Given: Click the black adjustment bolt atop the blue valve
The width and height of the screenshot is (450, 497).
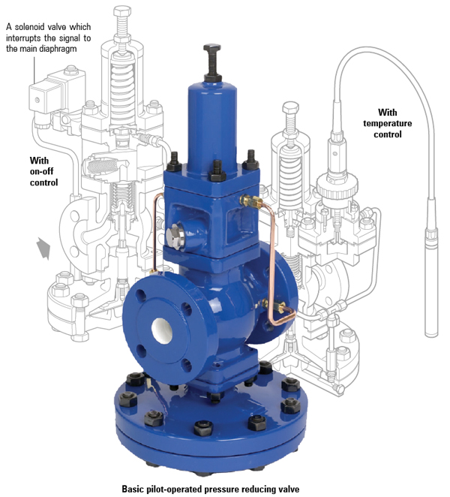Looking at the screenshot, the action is [x=212, y=62].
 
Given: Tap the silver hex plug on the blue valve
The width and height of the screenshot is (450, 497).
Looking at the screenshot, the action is [x=175, y=236].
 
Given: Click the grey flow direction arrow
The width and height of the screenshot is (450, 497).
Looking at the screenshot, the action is [x=43, y=248].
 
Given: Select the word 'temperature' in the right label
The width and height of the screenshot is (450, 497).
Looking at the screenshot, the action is [x=387, y=123].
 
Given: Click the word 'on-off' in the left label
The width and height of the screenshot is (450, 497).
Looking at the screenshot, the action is [x=41, y=171].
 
